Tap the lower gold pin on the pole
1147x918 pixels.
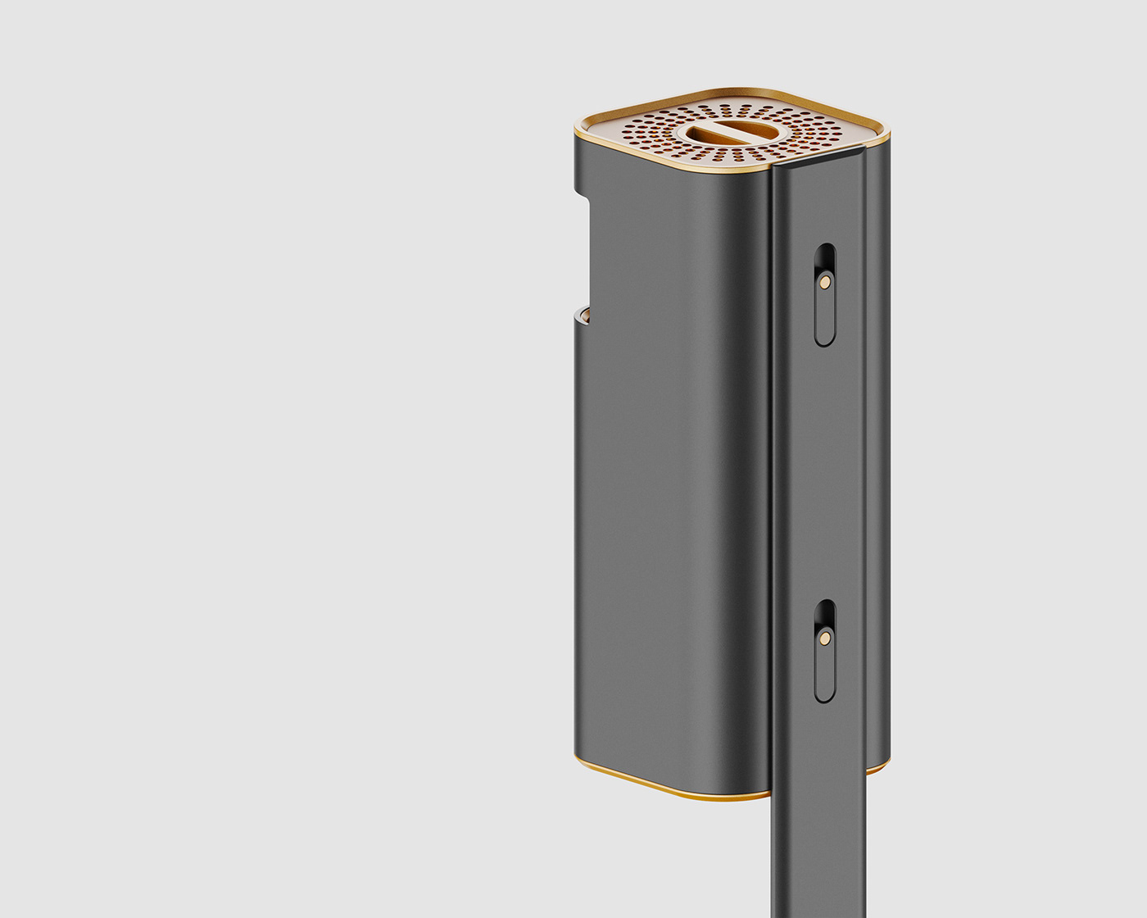[825, 636]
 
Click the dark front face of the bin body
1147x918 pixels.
[672, 492]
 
